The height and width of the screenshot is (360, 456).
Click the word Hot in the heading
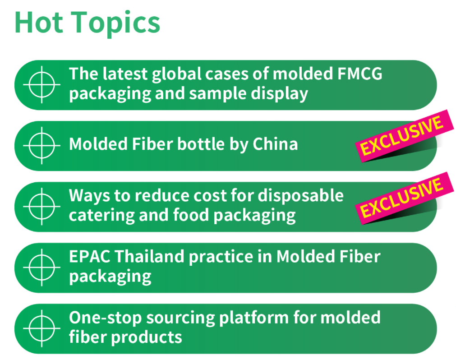point(39,23)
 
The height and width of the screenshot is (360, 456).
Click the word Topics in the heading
point(115,23)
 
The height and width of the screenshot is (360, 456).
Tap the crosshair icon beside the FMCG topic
point(41,85)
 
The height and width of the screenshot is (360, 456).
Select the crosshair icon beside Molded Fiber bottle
point(41,145)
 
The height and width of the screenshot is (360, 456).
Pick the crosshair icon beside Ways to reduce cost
point(41,207)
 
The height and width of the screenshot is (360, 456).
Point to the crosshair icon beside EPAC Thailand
point(41,268)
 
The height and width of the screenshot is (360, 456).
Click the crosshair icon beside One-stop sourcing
point(41,328)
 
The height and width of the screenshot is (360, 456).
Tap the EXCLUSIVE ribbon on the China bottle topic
point(404,136)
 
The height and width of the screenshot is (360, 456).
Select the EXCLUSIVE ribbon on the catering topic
point(404,198)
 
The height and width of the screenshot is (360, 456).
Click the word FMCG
point(360,74)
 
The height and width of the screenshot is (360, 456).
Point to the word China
point(275,144)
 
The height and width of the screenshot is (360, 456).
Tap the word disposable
point(301,195)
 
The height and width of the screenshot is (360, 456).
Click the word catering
point(101,216)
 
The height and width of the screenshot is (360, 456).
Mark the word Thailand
point(150,256)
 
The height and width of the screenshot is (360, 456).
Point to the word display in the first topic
point(279,94)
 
